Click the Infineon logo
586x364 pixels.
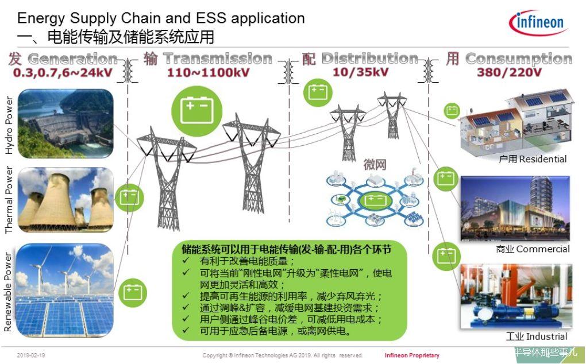click(x=538, y=22)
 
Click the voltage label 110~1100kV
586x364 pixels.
click(x=208, y=72)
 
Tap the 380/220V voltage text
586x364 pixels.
click(x=509, y=72)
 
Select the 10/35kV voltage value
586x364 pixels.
click(x=360, y=72)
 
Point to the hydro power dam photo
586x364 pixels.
click(x=65, y=123)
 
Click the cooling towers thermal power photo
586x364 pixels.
click(x=65, y=199)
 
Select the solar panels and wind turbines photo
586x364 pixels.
click(x=65, y=291)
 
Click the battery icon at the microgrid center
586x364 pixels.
click(x=375, y=201)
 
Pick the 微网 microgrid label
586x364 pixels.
click(x=375, y=165)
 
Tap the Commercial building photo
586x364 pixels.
click(x=515, y=208)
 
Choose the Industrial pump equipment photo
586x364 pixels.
click(x=516, y=296)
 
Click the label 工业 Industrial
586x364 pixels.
click(x=536, y=336)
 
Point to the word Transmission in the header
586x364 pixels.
click(x=218, y=59)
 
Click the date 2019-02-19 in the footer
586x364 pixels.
click(x=31, y=355)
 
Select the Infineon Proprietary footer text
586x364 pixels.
click(x=412, y=355)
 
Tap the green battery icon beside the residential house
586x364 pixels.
click(x=452, y=111)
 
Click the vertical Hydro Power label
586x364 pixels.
click(x=9, y=125)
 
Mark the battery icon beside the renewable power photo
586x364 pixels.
click(x=133, y=293)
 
